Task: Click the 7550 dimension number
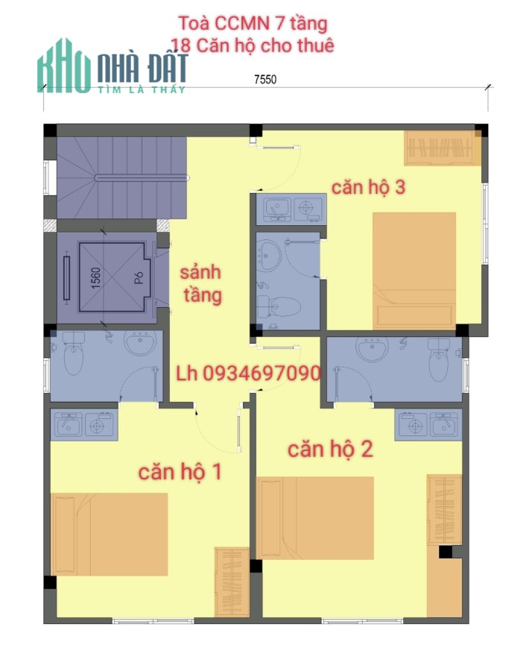click(x=265, y=79)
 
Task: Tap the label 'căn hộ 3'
click(x=368, y=187)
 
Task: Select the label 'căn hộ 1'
click(x=180, y=472)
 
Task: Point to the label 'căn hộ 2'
click(x=330, y=450)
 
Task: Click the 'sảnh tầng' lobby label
click(x=201, y=284)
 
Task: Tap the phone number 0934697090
click(x=262, y=374)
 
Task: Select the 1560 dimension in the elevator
click(x=96, y=278)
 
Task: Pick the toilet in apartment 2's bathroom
click(x=439, y=359)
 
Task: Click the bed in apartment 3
click(x=414, y=271)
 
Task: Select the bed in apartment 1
click(x=109, y=534)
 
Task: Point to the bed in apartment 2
click(x=316, y=518)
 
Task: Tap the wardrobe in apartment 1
click(x=232, y=582)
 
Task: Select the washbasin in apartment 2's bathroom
click(x=373, y=349)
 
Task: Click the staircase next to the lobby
click(x=122, y=177)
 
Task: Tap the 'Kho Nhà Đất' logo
click(x=112, y=66)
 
